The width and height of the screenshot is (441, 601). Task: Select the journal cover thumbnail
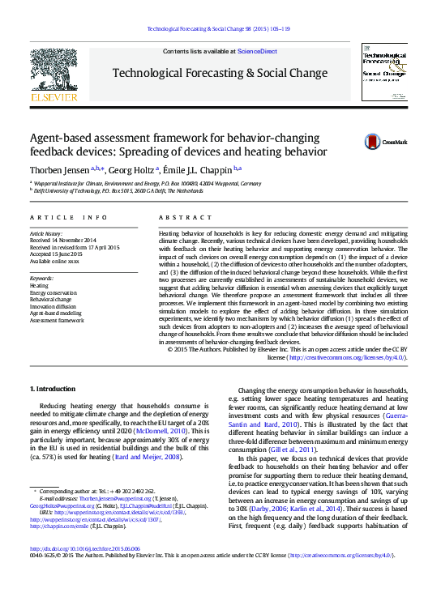pos(385,72)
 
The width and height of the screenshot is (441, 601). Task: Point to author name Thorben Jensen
pos(60,169)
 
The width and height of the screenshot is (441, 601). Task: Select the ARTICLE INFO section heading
pos(68,218)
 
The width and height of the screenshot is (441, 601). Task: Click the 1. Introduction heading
pos(53,389)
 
